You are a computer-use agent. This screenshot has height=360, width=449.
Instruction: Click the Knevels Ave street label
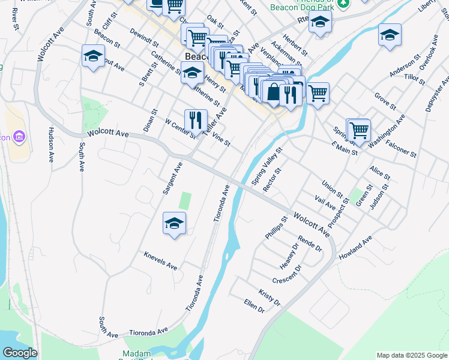tap(160, 261)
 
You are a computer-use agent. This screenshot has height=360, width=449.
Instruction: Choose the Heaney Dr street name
tap(288, 256)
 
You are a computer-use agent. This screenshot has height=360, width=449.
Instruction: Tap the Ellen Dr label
tap(255, 305)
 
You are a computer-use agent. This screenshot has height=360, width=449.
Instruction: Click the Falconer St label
tap(402, 149)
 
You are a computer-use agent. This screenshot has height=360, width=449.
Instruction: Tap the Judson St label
tap(380, 197)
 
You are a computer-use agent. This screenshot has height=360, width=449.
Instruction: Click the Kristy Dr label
tap(270, 297)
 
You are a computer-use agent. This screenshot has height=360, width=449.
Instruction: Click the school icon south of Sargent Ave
tap(174, 223)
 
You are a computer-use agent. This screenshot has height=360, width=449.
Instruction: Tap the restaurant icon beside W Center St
tap(195, 120)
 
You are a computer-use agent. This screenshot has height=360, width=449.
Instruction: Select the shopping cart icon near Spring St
tap(358, 130)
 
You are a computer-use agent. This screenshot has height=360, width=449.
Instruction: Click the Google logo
tap(20, 353)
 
